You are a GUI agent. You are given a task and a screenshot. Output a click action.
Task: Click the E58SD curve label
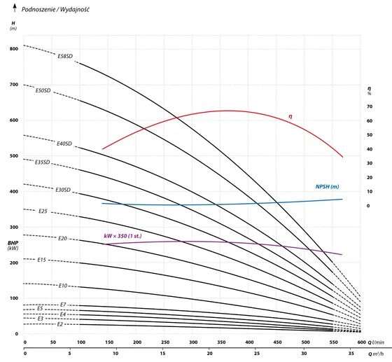[x=65, y=56]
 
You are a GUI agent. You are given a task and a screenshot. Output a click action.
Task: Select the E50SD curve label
[x=43, y=90]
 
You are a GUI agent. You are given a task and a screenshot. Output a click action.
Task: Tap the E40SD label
[x=64, y=144]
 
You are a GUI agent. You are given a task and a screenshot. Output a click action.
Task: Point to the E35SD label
[x=42, y=162]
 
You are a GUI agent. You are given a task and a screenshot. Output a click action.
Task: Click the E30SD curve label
[x=63, y=190]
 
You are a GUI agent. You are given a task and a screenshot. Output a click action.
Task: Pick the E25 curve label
[x=43, y=211]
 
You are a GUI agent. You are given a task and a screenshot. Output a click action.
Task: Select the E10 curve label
[x=63, y=286]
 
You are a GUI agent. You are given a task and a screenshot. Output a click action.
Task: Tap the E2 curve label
[x=60, y=324]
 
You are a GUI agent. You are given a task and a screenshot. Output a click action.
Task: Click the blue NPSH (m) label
[x=328, y=187]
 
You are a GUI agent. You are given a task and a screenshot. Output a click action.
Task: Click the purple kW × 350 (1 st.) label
[x=122, y=236]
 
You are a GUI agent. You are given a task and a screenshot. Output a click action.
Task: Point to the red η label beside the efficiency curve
[x=290, y=116]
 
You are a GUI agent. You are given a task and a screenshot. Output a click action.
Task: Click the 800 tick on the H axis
[x=14, y=49]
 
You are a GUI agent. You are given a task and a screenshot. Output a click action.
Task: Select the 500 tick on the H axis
[x=14, y=156]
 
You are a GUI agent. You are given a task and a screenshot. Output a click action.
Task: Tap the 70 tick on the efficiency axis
[x=370, y=106]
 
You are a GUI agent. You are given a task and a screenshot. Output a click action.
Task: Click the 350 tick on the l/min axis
[x=221, y=342]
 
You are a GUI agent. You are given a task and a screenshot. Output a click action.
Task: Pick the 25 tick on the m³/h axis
[x=257, y=354]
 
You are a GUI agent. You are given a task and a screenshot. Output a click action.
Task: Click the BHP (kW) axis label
[x=13, y=246]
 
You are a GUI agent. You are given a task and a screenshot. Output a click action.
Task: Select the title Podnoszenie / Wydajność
[x=55, y=10]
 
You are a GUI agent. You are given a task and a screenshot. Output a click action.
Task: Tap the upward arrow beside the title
[x=15, y=8]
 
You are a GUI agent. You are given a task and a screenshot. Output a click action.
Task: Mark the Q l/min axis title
[x=376, y=342]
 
